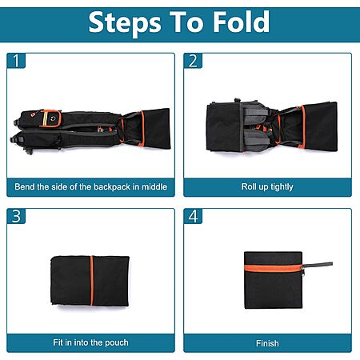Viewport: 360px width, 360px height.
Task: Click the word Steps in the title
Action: coord(125,23)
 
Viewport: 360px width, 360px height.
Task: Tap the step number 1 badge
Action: coord(16,61)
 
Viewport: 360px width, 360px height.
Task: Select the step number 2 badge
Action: coord(193,61)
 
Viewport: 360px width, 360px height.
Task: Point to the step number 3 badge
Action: coord(16,216)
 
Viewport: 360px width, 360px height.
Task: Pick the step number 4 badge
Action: coord(193,216)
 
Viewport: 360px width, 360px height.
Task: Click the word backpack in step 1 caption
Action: coord(112,186)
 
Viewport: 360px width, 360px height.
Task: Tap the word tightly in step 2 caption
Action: coord(282,187)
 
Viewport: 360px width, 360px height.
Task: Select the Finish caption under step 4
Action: coord(267,343)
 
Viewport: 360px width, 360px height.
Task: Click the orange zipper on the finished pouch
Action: coord(274,268)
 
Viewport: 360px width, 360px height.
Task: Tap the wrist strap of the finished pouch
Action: coord(318,265)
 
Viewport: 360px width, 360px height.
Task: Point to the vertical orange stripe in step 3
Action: coord(92,281)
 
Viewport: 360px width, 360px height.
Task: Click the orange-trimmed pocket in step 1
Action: coord(50,118)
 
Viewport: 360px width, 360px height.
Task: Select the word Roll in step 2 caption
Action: coord(248,186)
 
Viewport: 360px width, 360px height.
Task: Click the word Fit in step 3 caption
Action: coord(58,342)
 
